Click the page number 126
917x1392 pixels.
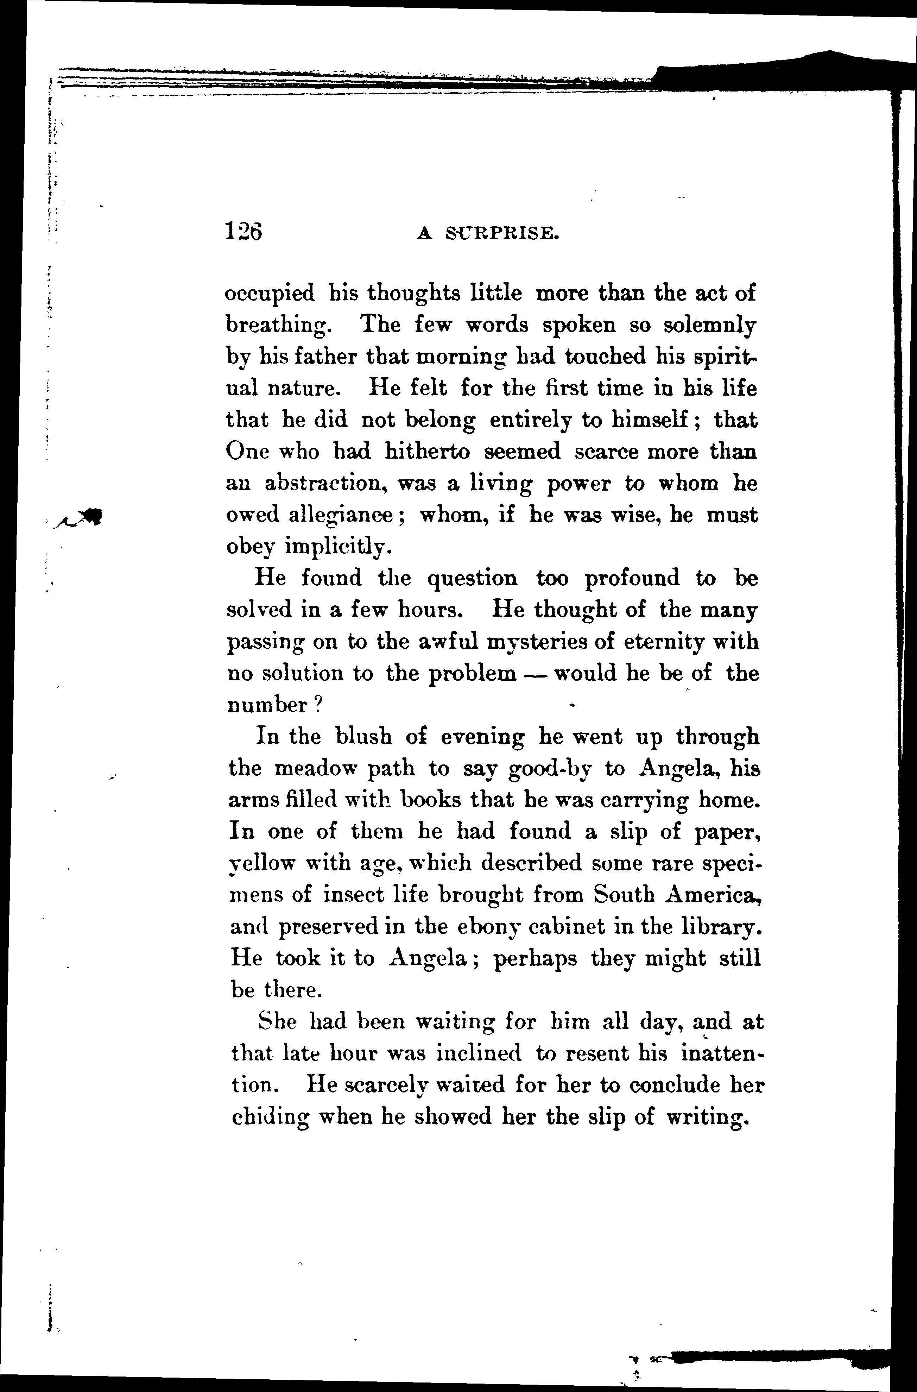243,232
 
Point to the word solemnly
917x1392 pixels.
709,325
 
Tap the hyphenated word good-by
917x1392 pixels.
550,769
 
